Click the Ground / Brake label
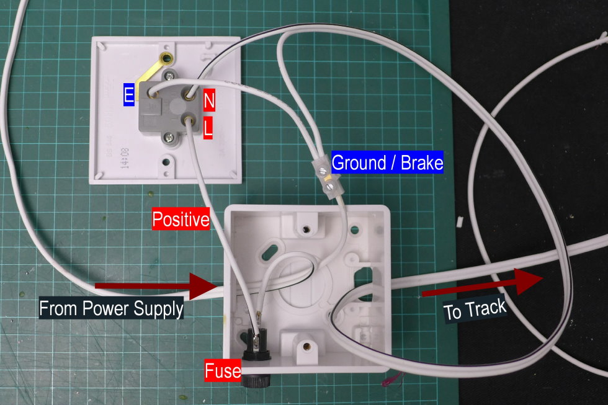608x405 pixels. (388, 163)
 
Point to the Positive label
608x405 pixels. (181, 219)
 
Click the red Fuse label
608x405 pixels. (223, 372)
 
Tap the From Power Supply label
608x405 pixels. (111, 308)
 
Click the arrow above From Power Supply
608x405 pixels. (155, 286)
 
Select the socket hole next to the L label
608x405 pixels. (187, 120)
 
